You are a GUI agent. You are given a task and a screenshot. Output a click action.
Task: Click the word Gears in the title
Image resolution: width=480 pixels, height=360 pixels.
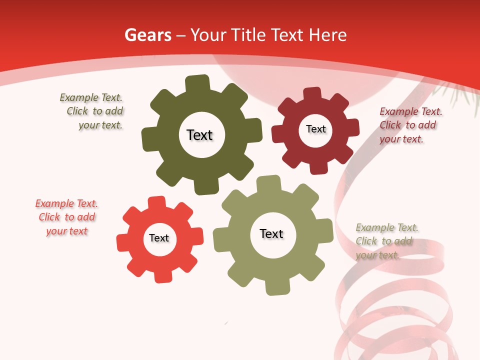click(x=148, y=35)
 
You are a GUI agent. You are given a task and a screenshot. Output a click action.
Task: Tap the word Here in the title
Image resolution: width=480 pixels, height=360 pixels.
click(x=327, y=35)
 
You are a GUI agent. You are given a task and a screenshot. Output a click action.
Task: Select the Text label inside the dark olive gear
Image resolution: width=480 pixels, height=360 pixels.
click(x=199, y=135)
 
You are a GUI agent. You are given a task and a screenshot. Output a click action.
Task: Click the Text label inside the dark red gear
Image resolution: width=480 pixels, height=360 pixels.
click(x=315, y=129)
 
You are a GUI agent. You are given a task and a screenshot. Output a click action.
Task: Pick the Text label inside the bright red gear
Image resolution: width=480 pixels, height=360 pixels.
click(x=159, y=238)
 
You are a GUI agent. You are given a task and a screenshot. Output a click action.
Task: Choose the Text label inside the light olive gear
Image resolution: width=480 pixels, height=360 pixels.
click(x=271, y=233)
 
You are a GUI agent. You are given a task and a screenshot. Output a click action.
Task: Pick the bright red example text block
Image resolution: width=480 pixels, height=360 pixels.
click(x=66, y=217)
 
